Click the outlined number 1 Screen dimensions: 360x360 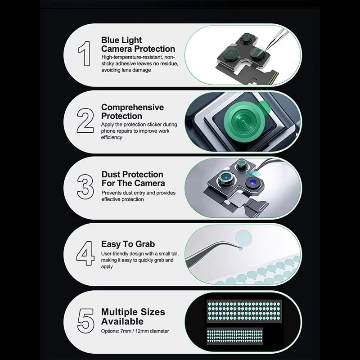coord(85,54)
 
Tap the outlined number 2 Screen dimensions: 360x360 coord(85,121)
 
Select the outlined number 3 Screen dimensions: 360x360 coord(85,187)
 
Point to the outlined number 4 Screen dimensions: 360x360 coord(85,253)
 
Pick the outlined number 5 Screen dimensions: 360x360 coord(85,321)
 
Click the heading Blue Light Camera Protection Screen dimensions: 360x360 coord(138,44)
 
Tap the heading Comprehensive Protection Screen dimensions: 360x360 coord(132,112)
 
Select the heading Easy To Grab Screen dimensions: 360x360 coord(128,244)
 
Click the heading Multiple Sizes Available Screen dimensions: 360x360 coord(133,317)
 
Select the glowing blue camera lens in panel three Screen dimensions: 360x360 coord(253,183)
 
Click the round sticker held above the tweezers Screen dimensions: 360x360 coord(243,238)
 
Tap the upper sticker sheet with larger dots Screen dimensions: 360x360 coord(244,311)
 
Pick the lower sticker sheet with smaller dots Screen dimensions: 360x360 coord(234,336)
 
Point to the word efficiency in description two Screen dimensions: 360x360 coord(112,137)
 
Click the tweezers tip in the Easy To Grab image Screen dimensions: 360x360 coord(241,248)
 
